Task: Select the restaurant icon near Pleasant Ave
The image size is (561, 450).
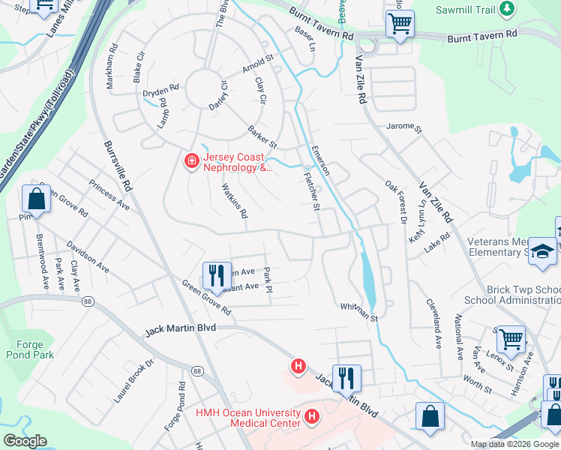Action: (216, 274)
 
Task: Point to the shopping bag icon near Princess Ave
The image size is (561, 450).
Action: (36, 200)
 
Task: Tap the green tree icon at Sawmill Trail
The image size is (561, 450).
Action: (508, 8)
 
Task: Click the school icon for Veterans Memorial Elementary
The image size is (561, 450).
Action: (542, 253)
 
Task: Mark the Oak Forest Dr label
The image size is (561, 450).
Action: (394, 202)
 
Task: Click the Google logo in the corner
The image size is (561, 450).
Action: (25, 442)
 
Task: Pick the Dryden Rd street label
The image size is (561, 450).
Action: (160, 91)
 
